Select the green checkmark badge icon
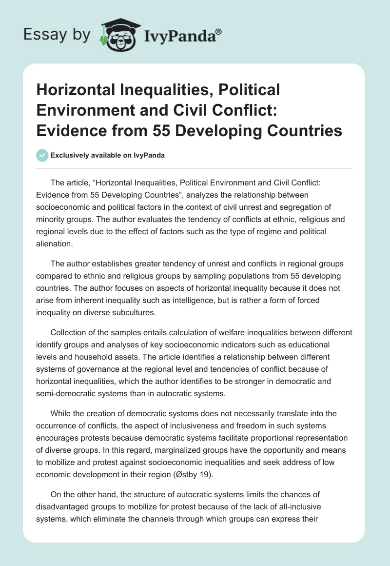coord(42,155)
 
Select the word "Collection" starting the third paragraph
coord(70,333)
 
